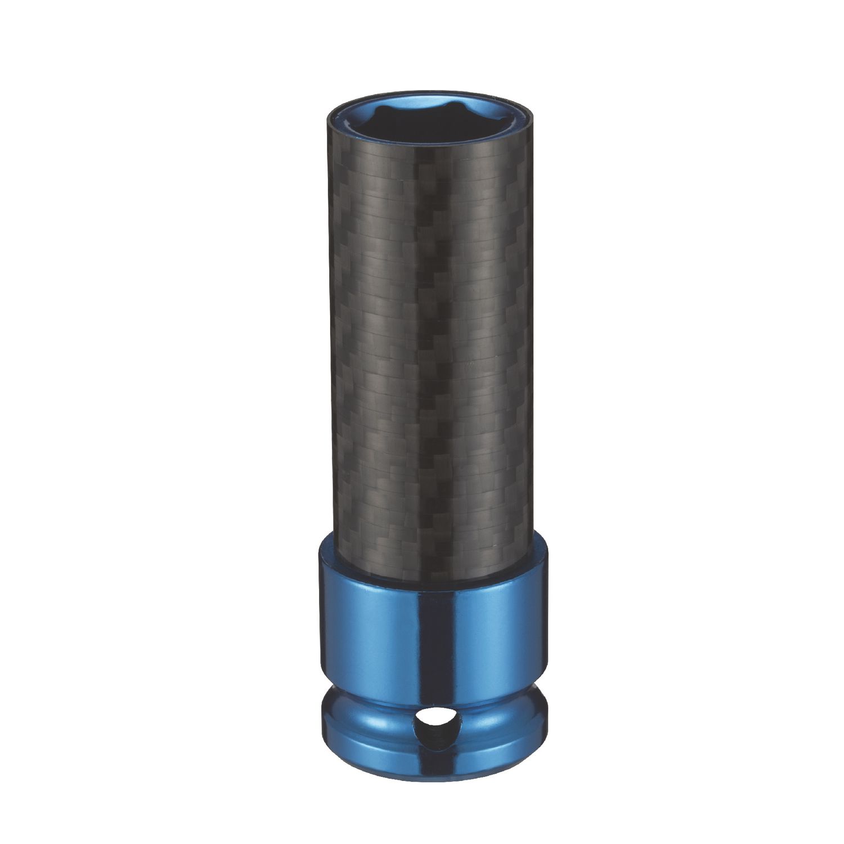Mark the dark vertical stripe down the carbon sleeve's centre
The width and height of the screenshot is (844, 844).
(x=433, y=338)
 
